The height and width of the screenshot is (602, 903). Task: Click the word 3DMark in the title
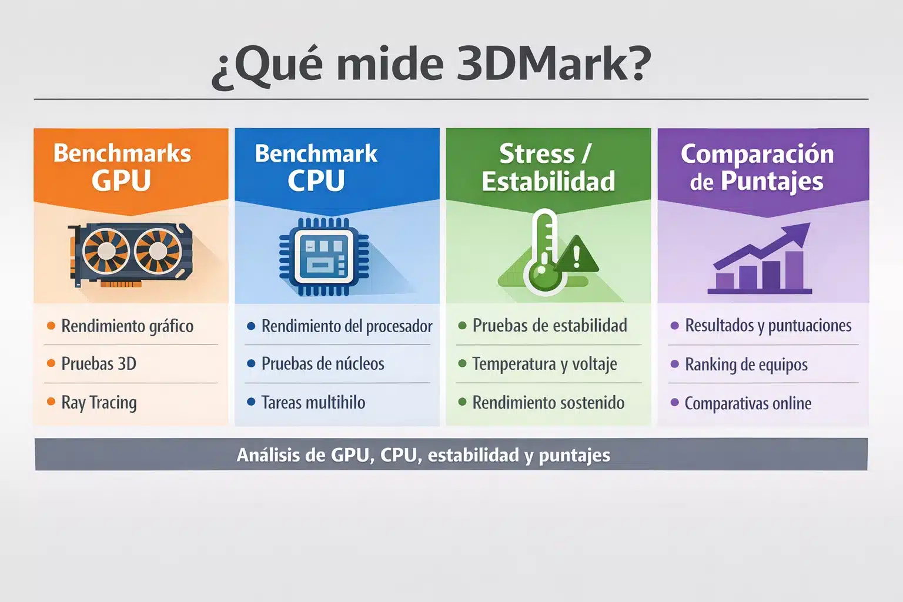pos(553,64)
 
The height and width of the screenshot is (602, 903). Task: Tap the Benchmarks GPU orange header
pos(122,167)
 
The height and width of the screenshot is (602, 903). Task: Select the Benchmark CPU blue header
pos(316,167)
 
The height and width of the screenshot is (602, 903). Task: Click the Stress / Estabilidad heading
pos(548,168)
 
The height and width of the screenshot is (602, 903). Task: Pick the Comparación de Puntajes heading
pos(757,168)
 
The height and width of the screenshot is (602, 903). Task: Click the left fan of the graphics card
pos(106,251)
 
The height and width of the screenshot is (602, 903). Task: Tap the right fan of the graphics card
pos(157,251)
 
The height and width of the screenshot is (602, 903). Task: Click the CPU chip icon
pos(324,256)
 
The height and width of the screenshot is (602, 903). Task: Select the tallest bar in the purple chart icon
pos(794,270)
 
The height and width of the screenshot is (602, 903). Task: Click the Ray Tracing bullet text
pos(99,403)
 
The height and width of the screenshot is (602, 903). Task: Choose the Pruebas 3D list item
pos(99,364)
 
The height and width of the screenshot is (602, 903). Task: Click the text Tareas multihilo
pos(313,403)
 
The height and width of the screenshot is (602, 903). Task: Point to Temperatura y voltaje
pos(544,364)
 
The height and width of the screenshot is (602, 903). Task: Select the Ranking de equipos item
pos(746,364)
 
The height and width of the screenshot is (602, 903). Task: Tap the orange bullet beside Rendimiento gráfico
pos(51,326)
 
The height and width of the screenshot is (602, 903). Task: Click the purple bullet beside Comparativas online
pos(675,403)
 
